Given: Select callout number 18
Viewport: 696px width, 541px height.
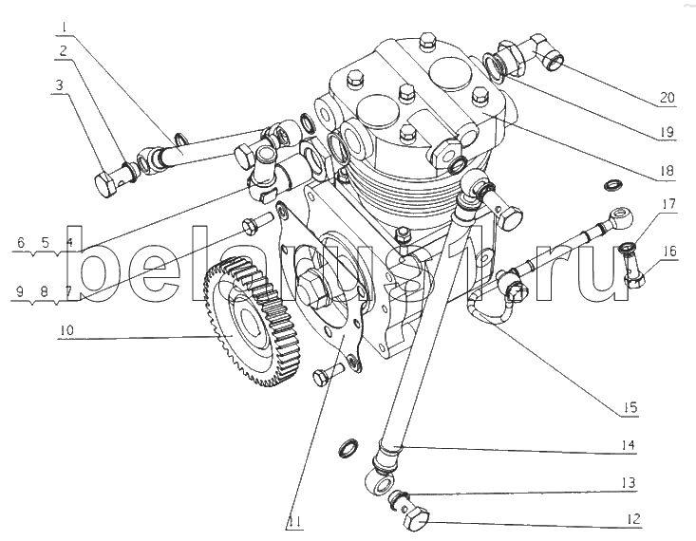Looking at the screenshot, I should [668, 170].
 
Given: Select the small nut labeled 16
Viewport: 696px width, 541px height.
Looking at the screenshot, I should [633, 276].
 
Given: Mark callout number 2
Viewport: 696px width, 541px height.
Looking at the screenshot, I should [63, 48].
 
